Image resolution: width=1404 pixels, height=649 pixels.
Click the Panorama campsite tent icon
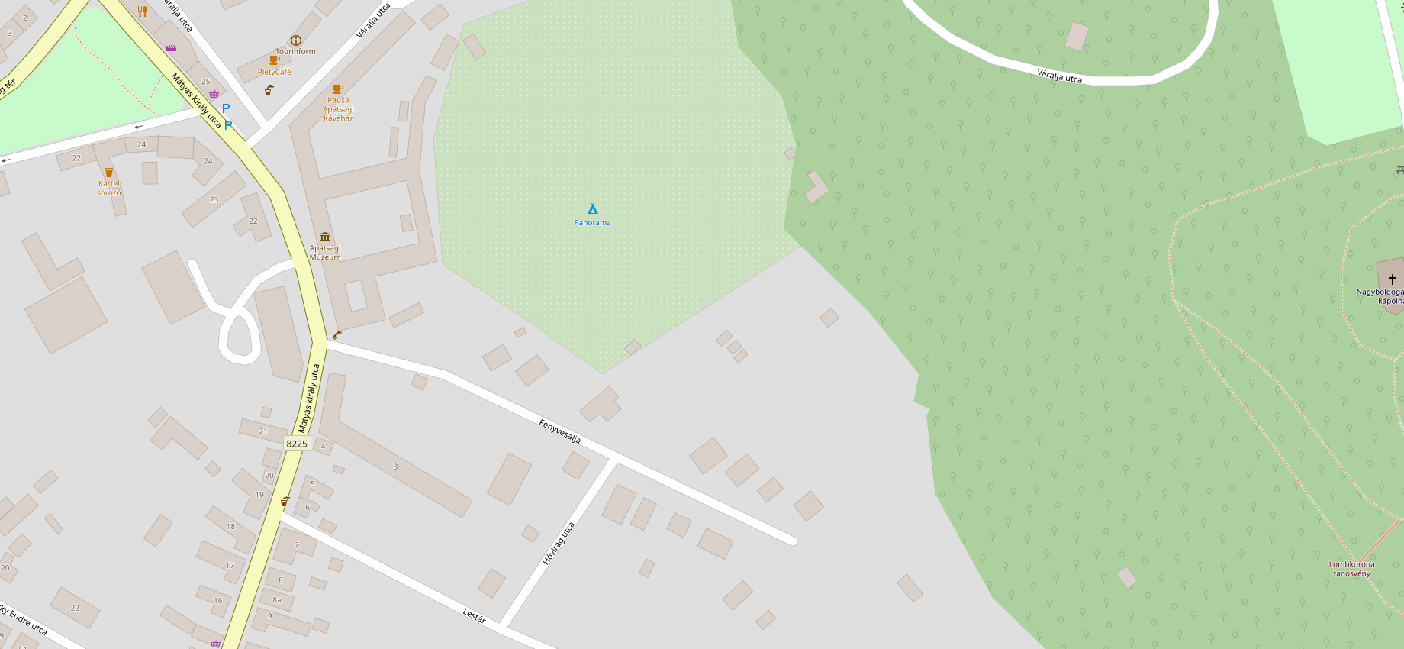pos(592,208)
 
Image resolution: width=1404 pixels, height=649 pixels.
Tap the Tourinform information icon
pos(296,40)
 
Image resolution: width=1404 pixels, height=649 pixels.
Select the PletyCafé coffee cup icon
pos(275,60)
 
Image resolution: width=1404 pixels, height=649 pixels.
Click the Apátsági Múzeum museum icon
pos(325,237)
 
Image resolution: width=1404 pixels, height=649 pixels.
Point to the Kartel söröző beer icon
pos(109,173)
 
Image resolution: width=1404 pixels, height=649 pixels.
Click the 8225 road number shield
pos(297,444)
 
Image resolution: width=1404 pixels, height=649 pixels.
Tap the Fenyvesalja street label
pos(560,431)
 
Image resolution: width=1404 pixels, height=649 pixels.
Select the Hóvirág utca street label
pos(559,544)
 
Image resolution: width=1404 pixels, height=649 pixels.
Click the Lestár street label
pos(474,615)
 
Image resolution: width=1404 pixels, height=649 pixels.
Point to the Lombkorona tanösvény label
pos(1352,569)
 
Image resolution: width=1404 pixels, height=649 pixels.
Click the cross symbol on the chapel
pos(1393,279)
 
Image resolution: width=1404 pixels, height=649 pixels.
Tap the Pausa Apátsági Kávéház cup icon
pos(338,89)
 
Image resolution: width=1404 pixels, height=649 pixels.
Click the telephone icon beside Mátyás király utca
pos(337,334)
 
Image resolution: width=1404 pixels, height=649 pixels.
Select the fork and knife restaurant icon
pos(142,11)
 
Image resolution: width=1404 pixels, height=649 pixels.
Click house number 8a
pos(277,600)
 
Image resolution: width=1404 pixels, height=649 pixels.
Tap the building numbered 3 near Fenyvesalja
pos(395,467)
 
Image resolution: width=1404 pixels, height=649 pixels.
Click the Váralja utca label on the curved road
pos(1059,76)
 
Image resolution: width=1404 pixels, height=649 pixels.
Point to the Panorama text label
pos(592,223)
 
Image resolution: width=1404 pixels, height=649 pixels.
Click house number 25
pos(206,82)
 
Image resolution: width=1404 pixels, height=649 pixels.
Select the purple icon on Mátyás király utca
pos(171,48)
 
